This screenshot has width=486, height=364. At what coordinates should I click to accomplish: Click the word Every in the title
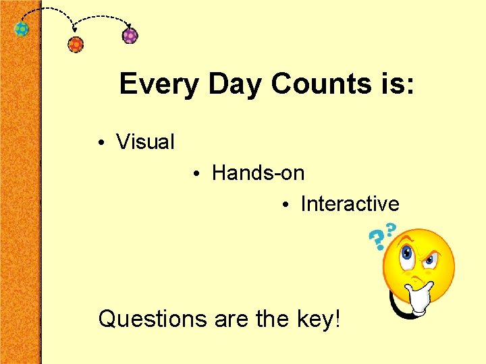(x=160, y=85)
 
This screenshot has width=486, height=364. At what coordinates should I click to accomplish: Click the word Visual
(x=145, y=142)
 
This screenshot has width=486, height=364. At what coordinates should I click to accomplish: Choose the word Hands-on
(x=258, y=173)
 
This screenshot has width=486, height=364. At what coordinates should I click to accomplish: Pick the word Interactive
(x=350, y=204)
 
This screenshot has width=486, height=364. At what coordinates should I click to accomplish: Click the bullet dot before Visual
(x=99, y=144)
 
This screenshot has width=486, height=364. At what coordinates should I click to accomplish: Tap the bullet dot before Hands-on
(x=194, y=175)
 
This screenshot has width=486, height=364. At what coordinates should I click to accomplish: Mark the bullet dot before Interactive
(x=286, y=205)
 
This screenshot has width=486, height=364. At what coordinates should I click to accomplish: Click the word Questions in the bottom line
(x=153, y=319)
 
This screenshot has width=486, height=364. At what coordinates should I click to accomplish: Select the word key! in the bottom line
(x=318, y=319)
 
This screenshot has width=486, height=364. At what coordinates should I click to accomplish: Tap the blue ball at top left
(x=22, y=30)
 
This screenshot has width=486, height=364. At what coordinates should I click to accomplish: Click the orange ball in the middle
(x=76, y=45)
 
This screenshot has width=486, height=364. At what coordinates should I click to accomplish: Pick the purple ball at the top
(x=130, y=36)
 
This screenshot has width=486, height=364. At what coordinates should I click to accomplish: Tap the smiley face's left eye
(x=407, y=254)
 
